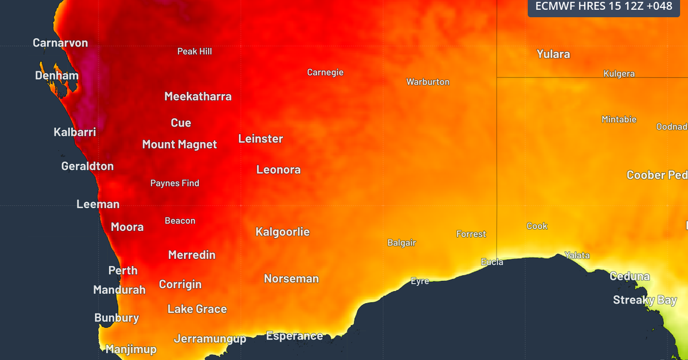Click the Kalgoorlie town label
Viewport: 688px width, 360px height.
click(x=282, y=232)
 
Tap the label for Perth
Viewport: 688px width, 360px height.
click(x=123, y=270)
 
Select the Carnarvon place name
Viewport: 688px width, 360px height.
click(x=60, y=43)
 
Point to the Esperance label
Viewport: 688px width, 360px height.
click(x=294, y=336)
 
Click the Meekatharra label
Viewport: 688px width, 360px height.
click(x=198, y=96)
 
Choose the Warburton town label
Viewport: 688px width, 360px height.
click(x=428, y=82)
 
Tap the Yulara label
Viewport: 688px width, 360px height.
click(x=553, y=54)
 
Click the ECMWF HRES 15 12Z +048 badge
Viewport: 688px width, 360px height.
click(x=603, y=6)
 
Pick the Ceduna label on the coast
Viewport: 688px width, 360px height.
click(x=630, y=276)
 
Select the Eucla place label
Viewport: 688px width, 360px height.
click(x=492, y=262)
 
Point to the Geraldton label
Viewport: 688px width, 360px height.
click(x=87, y=166)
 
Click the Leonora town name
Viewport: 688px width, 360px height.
click(x=278, y=170)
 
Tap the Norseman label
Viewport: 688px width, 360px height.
click(x=291, y=279)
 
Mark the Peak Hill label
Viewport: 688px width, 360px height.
click(x=194, y=52)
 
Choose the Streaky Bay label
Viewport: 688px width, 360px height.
click(x=645, y=300)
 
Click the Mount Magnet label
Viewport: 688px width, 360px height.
click(x=179, y=144)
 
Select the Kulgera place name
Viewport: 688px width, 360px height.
click(x=619, y=74)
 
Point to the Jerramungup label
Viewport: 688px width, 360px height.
click(x=210, y=339)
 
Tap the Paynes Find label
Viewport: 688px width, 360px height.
click(x=175, y=183)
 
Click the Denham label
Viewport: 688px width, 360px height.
click(x=57, y=76)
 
